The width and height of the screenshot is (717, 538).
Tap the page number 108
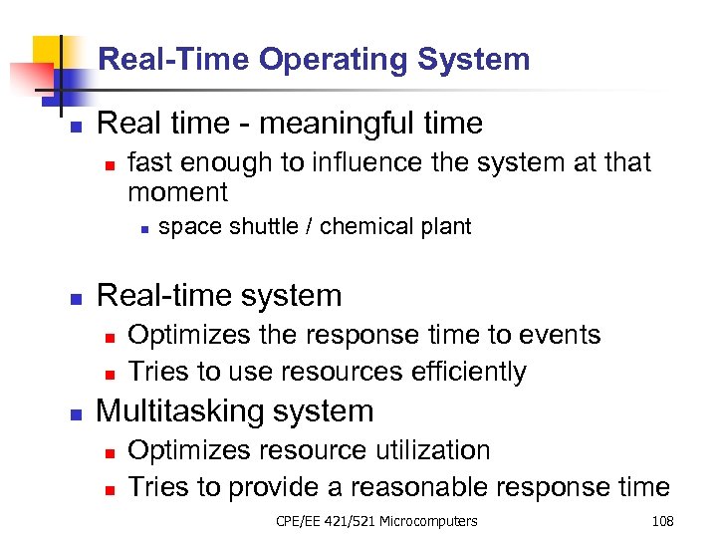pyautogui.click(x=662, y=521)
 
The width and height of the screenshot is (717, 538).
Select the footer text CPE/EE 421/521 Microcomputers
pyautogui.click(x=376, y=521)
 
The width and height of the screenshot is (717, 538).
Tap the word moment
pyautogui.click(x=178, y=191)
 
